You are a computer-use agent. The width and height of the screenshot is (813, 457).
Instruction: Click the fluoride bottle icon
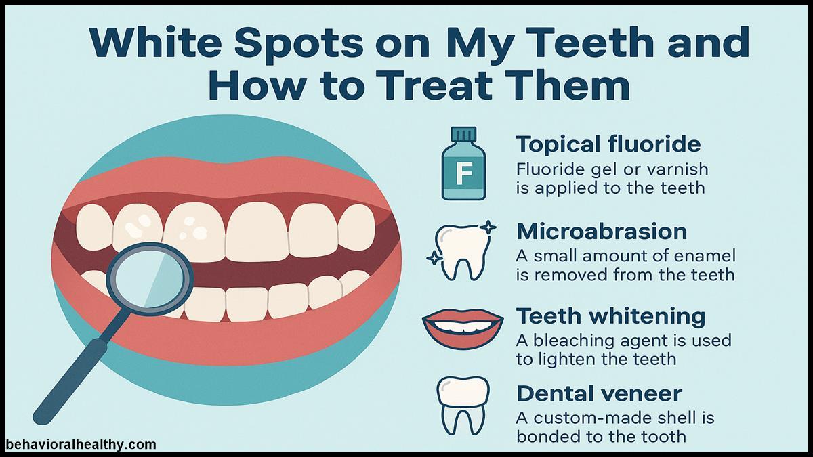point(464,166)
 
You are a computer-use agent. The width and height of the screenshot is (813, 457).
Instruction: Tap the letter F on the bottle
point(464,175)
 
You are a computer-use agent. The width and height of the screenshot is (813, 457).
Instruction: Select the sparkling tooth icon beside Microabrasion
point(463,252)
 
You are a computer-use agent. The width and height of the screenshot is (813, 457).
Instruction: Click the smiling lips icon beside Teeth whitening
point(463,328)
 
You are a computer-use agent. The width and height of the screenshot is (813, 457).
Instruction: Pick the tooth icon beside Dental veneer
point(463,404)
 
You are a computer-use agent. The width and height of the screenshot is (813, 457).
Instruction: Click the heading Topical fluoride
point(608,144)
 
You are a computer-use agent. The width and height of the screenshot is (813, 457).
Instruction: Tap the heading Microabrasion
point(602,232)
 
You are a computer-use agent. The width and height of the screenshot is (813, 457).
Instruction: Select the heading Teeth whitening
point(611,316)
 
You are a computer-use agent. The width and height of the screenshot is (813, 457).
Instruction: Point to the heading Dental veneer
point(599,393)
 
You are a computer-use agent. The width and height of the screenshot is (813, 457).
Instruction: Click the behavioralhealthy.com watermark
point(81,445)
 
